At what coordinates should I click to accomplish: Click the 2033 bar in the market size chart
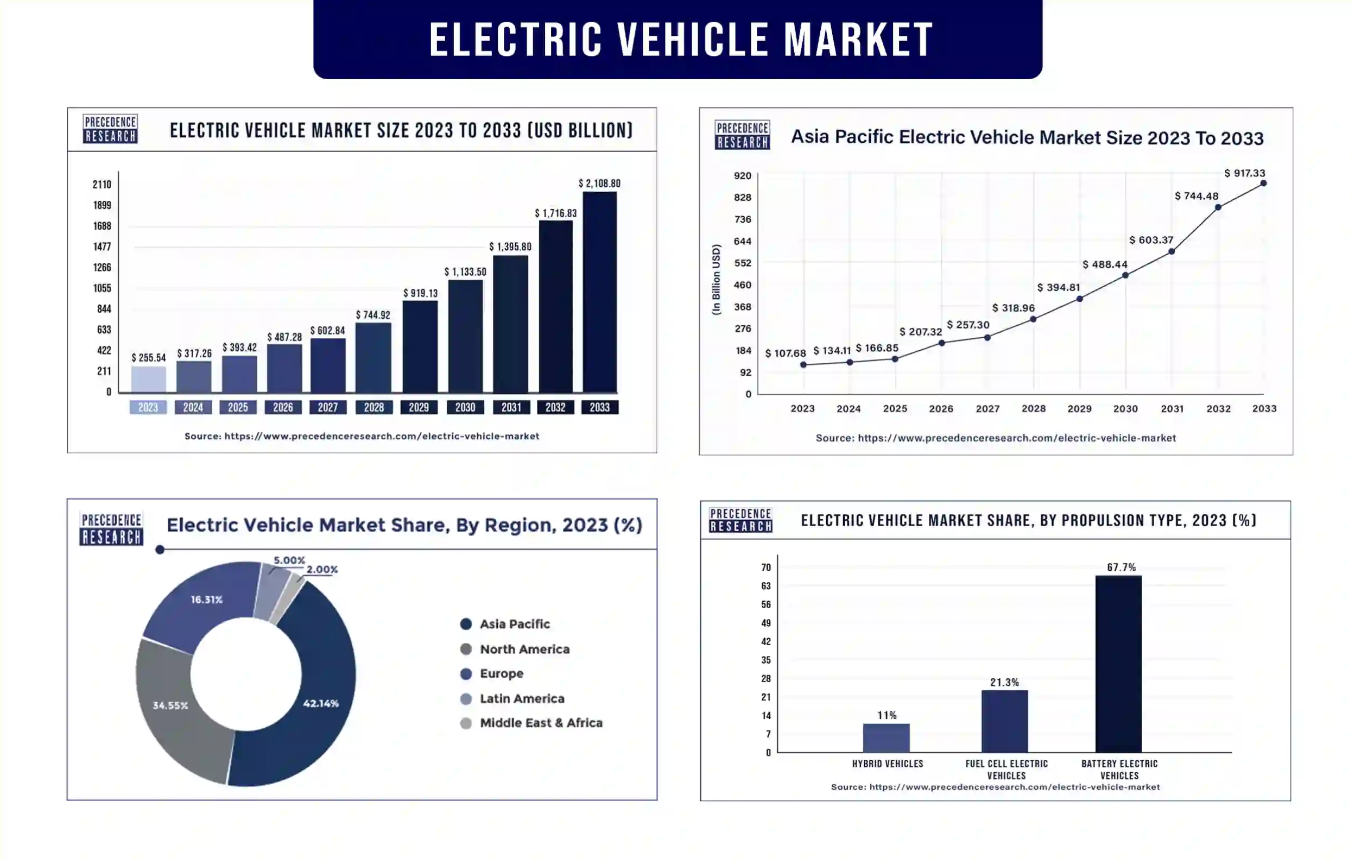pos(600,292)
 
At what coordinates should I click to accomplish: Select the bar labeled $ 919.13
pos(420,346)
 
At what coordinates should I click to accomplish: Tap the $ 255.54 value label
pos(149,357)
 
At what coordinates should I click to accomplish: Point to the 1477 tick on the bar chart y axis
pos(102,247)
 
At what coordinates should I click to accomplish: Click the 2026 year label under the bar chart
pos(283,407)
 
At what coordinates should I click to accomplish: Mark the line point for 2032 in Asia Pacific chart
pos(1218,208)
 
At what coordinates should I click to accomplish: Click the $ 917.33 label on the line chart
pos(1244,173)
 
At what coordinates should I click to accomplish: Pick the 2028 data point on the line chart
pos(1033,319)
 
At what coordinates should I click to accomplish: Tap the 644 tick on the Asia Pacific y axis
pos(742,241)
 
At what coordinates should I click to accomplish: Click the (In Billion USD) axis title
pos(716,279)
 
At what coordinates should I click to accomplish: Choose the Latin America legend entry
pos(522,699)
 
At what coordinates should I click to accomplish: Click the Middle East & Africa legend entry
pos(541,723)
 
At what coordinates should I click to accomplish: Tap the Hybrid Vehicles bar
pos(886,738)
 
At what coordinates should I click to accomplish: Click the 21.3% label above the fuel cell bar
pos(1004,682)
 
